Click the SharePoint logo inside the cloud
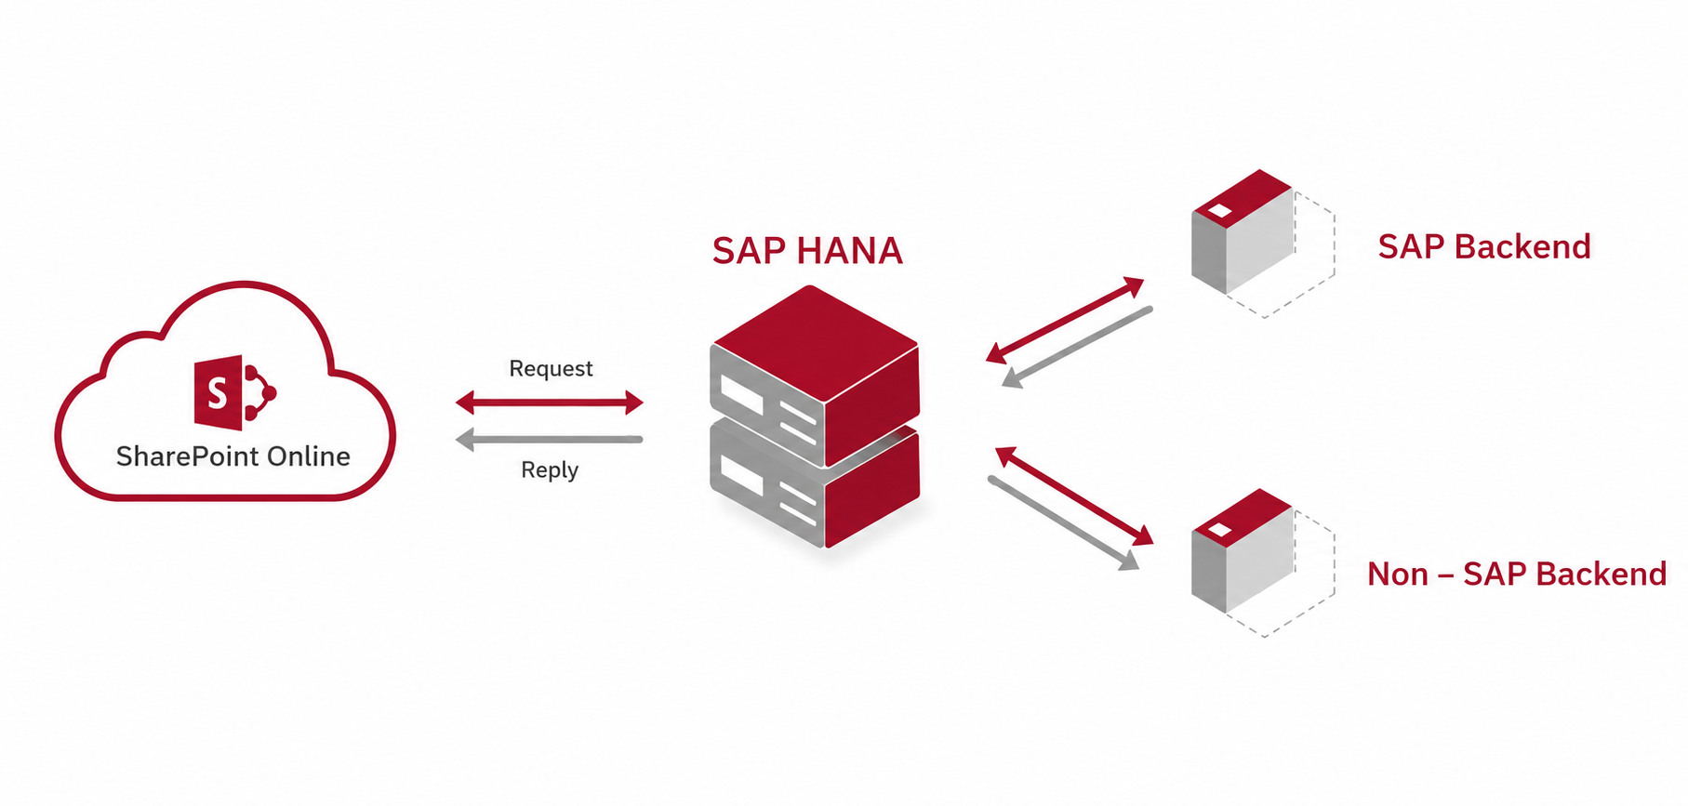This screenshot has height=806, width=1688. (x=234, y=392)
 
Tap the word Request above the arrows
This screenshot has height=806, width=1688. (x=551, y=369)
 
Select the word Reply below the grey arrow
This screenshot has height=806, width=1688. (x=550, y=470)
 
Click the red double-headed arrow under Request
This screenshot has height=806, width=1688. (x=550, y=403)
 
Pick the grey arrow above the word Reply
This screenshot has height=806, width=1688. (x=550, y=439)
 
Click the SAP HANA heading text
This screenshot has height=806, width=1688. (x=807, y=251)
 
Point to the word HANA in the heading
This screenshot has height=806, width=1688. (x=850, y=251)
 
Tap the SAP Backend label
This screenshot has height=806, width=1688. (x=1484, y=246)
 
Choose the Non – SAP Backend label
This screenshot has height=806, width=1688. (x=1517, y=574)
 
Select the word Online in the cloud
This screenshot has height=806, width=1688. (x=309, y=456)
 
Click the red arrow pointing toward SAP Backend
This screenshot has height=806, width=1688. (x=1065, y=320)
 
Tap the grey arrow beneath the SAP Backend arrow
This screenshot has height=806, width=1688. (x=1077, y=347)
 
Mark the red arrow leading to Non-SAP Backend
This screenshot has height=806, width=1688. (x=1074, y=495)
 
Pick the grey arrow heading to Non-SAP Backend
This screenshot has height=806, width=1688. (x=1063, y=523)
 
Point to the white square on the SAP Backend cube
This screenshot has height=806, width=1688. (x=1219, y=211)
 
